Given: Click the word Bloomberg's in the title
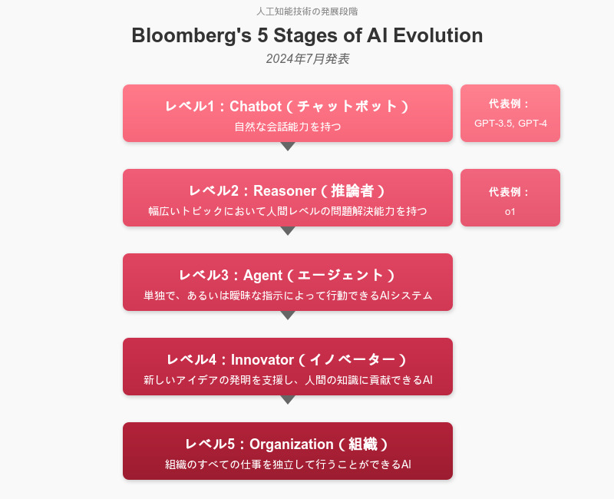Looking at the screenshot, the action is [191, 35].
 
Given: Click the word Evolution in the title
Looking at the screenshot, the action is [437, 35].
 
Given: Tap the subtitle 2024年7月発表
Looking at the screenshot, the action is [308, 59].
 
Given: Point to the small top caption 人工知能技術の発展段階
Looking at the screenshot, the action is [307, 12].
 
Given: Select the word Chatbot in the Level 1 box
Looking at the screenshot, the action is [256, 106].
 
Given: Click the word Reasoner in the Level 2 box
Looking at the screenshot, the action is [285, 190].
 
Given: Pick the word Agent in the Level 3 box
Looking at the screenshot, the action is [262, 276].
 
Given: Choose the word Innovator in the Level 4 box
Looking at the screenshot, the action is [262, 359].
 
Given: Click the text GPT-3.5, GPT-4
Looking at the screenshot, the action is [510, 124].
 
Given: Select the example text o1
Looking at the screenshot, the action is [510, 212].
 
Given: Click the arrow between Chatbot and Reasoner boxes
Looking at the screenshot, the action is [288, 146].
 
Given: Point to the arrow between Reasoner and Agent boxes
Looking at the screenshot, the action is [288, 231].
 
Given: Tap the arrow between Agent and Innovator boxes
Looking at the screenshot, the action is [288, 315].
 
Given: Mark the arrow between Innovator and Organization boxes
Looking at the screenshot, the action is [288, 399].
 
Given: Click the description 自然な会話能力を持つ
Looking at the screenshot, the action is [288, 127].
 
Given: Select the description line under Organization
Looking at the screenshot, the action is [288, 464].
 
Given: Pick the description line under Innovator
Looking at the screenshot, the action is [288, 380].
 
